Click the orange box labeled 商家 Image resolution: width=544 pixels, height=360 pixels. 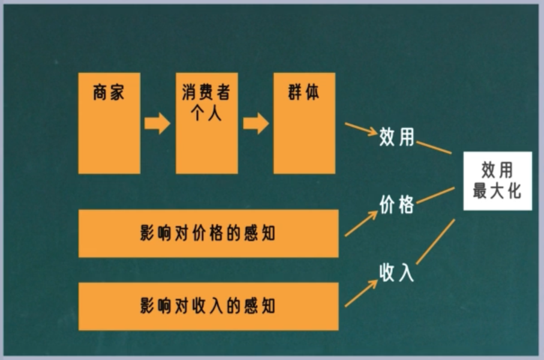[109, 123]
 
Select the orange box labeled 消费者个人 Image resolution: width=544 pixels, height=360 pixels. [206, 123]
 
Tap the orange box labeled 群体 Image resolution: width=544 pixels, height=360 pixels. [304, 123]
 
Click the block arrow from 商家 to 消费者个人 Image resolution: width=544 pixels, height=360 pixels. [157, 124]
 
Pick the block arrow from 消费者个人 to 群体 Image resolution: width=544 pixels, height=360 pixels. [256, 124]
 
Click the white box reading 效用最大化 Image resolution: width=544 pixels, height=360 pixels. [497, 181]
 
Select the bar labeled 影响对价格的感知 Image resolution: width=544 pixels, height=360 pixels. [208, 233]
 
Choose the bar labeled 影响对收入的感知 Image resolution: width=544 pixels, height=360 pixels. [208, 306]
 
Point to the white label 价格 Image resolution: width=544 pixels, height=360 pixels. [396, 205]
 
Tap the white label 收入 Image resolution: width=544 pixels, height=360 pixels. [396, 272]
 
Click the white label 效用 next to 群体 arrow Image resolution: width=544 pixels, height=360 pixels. [396, 137]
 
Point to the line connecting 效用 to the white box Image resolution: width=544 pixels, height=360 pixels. [434, 147]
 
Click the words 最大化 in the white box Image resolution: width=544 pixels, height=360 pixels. [497, 191]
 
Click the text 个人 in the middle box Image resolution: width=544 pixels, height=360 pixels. [206, 112]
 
